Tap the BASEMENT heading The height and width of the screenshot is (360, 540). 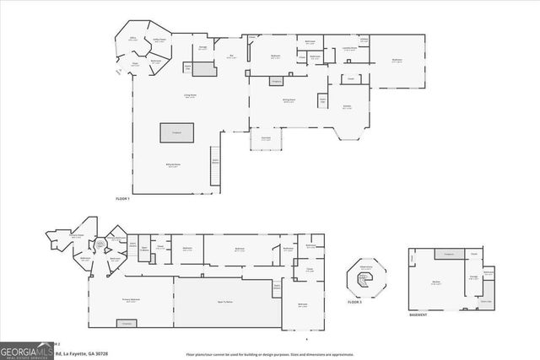(418, 314)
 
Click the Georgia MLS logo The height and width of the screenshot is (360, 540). (24, 348)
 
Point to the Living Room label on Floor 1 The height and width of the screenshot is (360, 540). (177, 98)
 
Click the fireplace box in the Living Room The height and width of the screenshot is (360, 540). (177, 132)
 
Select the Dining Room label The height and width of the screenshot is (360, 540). (288, 100)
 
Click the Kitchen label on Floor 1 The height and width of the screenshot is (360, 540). (346, 107)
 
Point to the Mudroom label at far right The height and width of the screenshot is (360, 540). (397, 61)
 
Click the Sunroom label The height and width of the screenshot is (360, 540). (265, 139)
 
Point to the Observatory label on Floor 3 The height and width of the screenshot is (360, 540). (366, 267)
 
